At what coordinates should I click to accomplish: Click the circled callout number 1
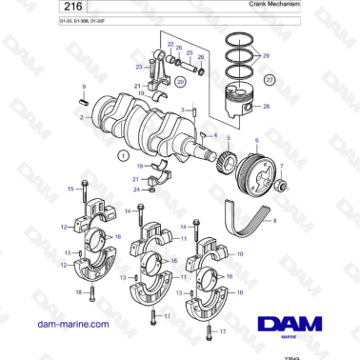(121, 154)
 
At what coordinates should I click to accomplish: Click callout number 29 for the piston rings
(266, 57)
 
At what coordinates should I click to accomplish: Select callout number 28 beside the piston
(266, 108)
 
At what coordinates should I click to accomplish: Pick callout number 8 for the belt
(275, 220)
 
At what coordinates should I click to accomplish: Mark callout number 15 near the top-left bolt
(70, 190)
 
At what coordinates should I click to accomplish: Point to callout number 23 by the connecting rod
(138, 68)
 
